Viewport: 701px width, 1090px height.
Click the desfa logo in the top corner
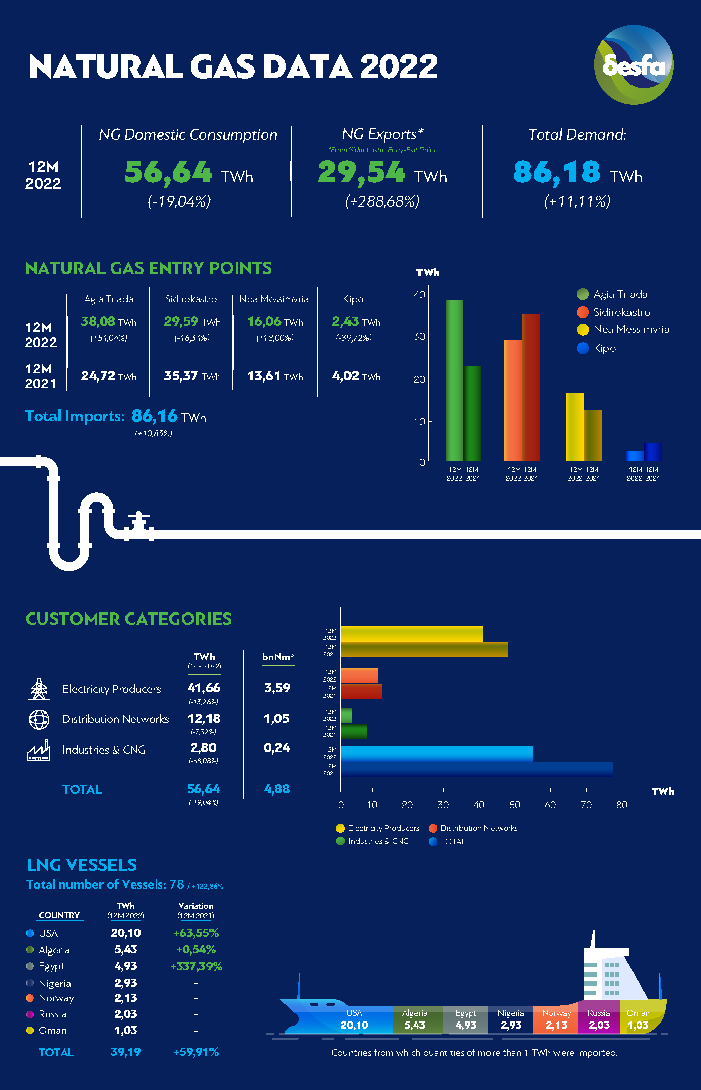634,65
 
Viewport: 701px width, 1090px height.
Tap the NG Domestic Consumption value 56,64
168,172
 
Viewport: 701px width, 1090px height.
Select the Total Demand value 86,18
556,172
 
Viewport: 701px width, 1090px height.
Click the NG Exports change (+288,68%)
382,201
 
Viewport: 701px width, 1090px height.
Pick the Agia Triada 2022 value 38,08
98,321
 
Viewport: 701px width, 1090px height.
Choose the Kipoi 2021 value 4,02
345,376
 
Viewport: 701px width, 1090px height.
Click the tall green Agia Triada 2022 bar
454,380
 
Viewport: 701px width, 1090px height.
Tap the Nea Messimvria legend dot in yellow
583,330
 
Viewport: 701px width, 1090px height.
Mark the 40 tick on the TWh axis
419,294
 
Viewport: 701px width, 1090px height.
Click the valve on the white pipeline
138,524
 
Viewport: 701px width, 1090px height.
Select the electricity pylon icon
39,689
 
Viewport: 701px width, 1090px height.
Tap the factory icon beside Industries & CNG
38,751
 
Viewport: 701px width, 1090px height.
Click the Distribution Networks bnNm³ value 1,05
276,719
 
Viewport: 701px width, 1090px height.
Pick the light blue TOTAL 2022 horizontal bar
437,754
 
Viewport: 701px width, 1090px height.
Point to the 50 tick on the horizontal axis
515,805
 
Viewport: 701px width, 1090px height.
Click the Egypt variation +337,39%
196,966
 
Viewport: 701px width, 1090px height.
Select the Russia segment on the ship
599,1019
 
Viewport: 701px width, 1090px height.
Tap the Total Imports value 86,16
155,416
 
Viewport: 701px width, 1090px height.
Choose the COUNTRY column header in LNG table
59,915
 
